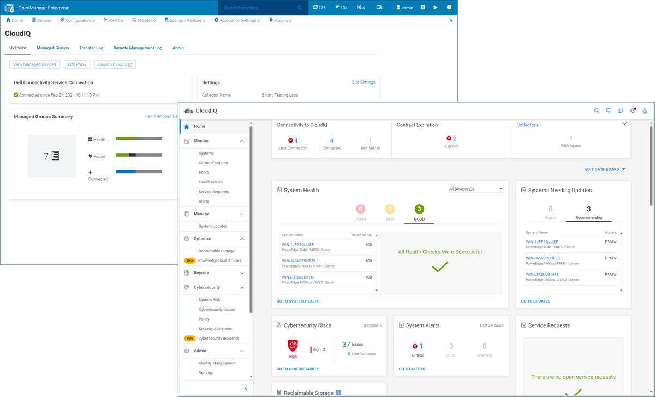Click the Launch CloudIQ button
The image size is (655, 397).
pyautogui.click(x=115, y=64)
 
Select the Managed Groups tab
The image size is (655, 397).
pyautogui.click(x=53, y=48)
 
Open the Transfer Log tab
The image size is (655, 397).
pyautogui.click(x=91, y=48)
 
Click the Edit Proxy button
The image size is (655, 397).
pyautogui.click(x=77, y=64)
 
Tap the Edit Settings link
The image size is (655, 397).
pyautogui.click(x=364, y=82)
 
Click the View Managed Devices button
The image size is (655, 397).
pyautogui.click(x=35, y=64)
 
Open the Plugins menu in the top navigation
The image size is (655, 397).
pyautogui.click(x=281, y=21)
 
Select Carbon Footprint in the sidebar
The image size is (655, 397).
pyautogui.click(x=213, y=163)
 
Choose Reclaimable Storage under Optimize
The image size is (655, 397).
pyautogui.click(x=217, y=251)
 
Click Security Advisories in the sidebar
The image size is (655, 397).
pyautogui.click(x=215, y=329)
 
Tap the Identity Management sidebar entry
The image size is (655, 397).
pyautogui.click(x=217, y=363)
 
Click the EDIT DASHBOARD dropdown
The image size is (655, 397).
pyautogui.click(x=605, y=169)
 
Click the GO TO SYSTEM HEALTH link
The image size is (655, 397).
pyautogui.click(x=298, y=301)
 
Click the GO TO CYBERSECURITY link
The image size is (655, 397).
pyautogui.click(x=297, y=369)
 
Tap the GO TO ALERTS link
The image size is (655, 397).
pyautogui.click(x=412, y=369)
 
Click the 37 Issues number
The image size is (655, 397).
pyautogui.click(x=346, y=345)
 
